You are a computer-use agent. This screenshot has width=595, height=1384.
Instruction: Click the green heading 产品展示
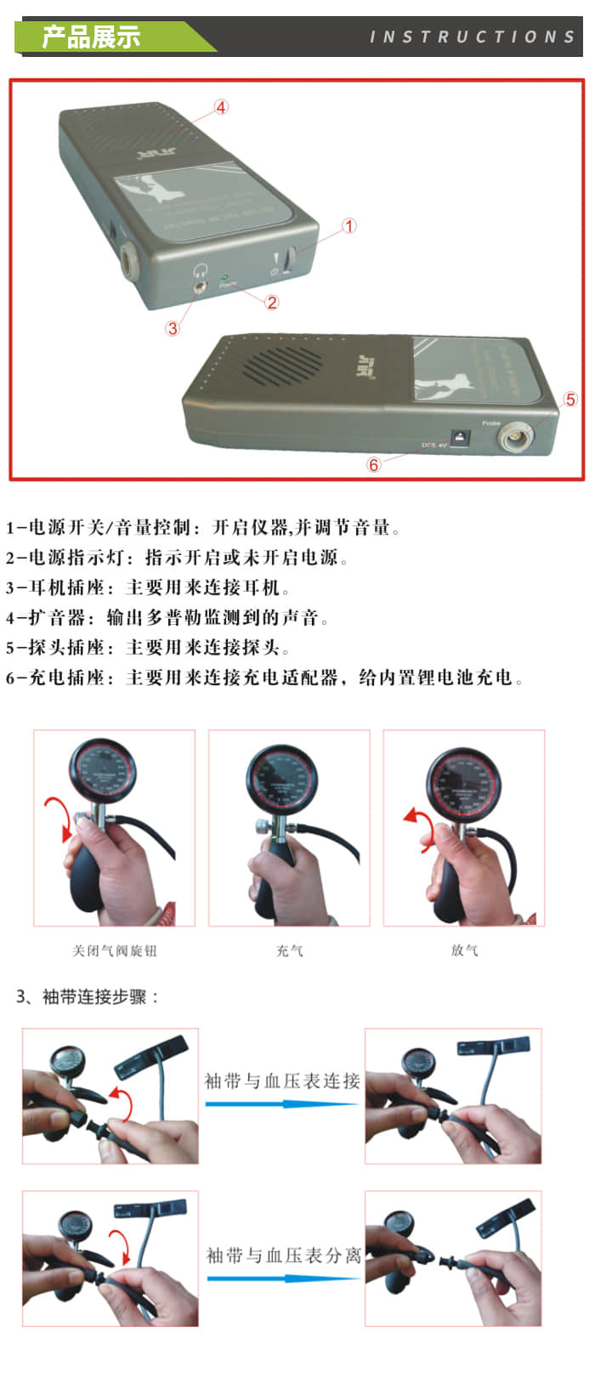(x=92, y=37)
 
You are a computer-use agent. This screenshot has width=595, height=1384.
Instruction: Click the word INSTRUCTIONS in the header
(x=473, y=37)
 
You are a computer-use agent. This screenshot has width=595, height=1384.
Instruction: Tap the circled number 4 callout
(x=221, y=107)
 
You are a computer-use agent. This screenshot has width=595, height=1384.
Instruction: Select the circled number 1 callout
(x=349, y=226)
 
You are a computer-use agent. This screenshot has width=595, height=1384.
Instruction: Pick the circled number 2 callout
(x=272, y=302)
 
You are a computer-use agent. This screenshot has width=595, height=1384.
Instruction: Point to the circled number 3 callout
(x=173, y=328)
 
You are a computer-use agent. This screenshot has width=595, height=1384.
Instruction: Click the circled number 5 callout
(x=570, y=400)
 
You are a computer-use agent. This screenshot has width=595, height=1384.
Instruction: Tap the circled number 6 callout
(x=373, y=465)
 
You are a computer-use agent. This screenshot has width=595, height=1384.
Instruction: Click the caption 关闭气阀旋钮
(x=114, y=950)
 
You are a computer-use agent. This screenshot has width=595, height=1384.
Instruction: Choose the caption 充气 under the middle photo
(x=289, y=950)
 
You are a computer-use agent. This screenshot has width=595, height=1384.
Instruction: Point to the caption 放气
(x=464, y=950)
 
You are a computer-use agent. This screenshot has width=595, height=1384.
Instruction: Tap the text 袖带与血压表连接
(x=282, y=1081)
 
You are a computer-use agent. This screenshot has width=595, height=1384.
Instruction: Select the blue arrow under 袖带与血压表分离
(x=282, y=1278)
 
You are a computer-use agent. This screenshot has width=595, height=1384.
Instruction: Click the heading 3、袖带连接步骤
(x=88, y=996)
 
